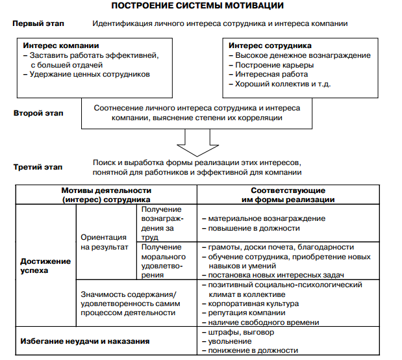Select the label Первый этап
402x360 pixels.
(x=37, y=23)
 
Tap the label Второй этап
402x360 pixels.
(x=38, y=113)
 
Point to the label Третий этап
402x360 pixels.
(x=38, y=167)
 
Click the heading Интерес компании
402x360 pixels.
(x=61, y=46)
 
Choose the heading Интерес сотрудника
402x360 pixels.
(x=270, y=46)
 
